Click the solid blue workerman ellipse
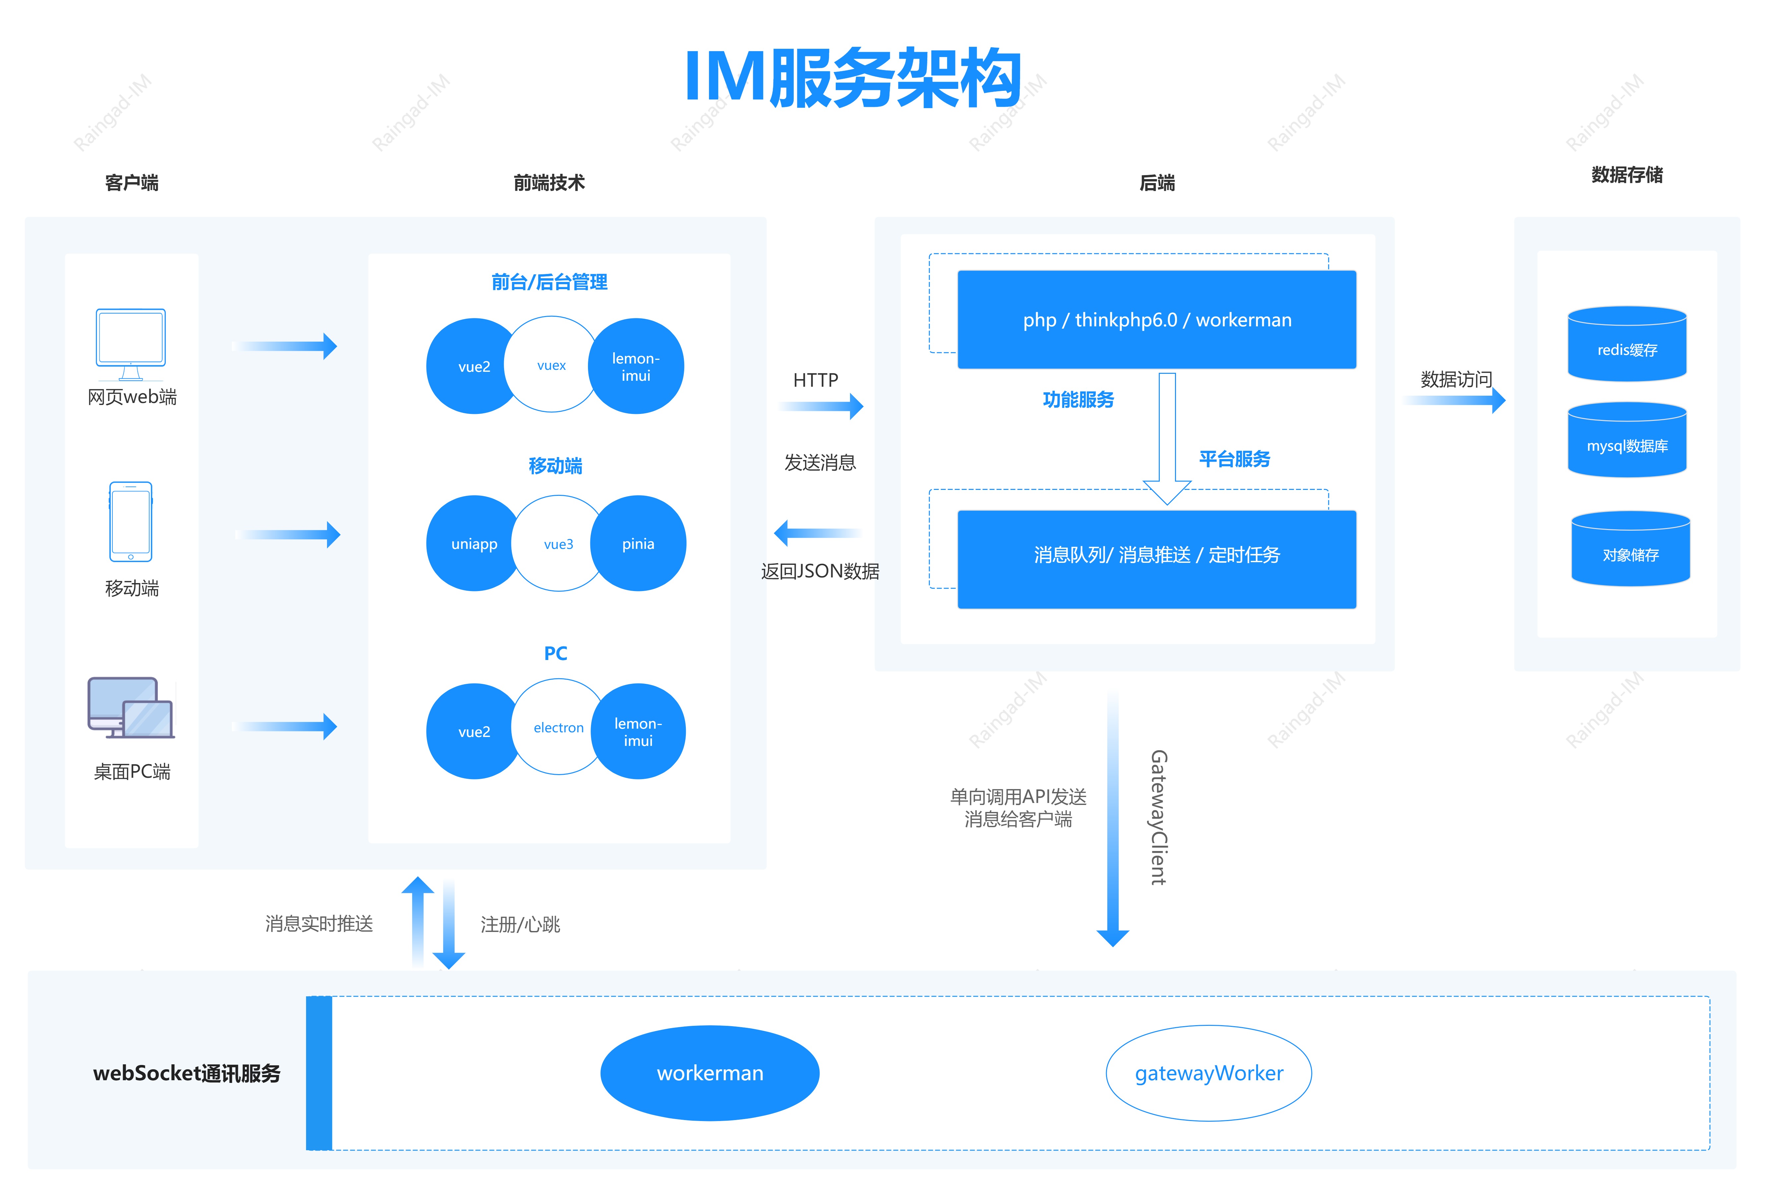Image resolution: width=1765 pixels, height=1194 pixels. (709, 1073)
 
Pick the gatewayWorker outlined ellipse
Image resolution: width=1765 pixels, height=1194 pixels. (1208, 1073)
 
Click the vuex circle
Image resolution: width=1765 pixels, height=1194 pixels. (552, 365)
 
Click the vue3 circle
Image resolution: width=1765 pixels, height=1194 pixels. (558, 544)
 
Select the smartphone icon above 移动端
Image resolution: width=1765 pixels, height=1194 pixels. (131, 522)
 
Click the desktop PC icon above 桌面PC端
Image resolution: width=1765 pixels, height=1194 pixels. (131, 708)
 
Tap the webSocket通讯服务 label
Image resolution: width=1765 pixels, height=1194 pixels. (187, 1073)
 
